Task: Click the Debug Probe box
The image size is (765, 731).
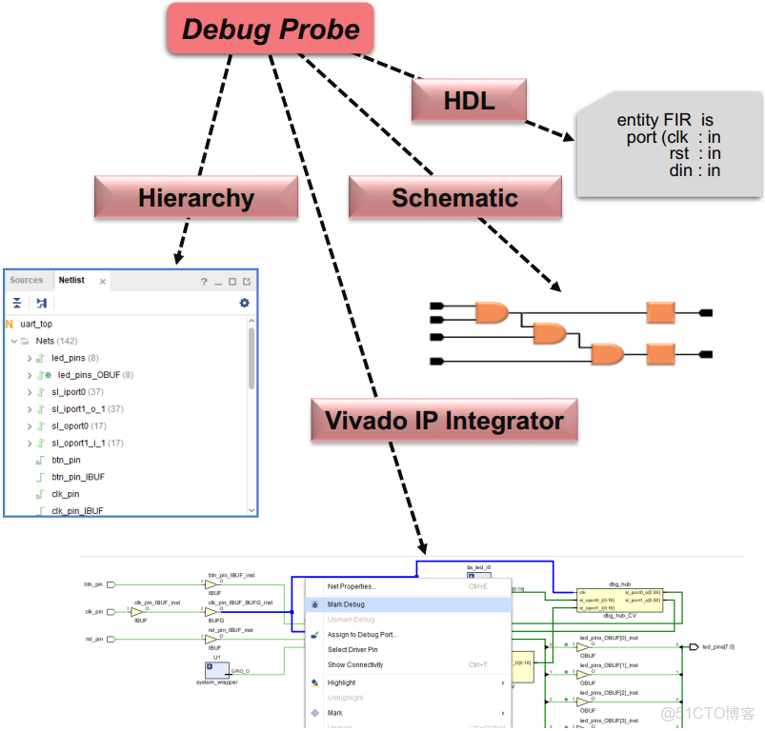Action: tap(271, 29)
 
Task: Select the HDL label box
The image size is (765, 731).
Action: tap(469, 100)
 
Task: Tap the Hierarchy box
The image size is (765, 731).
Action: tap(195, 198)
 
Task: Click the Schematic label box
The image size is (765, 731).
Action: tap(454, 198)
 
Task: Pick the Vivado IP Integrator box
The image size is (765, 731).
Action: tap(444, 420)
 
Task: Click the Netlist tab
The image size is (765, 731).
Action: tap(71, 281)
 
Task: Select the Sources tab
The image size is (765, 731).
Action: tap(27, 281)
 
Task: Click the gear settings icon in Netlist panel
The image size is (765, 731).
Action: tap(244, 303)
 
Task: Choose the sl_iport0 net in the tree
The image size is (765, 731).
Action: tap(70, 392)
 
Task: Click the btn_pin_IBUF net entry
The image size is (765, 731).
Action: tap(78, 477)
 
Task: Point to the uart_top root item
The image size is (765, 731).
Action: tap(36, 324)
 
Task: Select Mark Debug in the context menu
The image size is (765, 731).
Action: tap(346, 604)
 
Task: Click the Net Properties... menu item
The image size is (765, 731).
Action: tap(352, 586)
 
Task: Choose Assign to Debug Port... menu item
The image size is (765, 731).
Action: tap(362, 635)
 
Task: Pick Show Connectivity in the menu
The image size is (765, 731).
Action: tap(355, 664)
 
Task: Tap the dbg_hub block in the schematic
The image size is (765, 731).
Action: tap(619, 598)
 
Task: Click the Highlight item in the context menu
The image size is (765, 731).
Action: tap(341, 682)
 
